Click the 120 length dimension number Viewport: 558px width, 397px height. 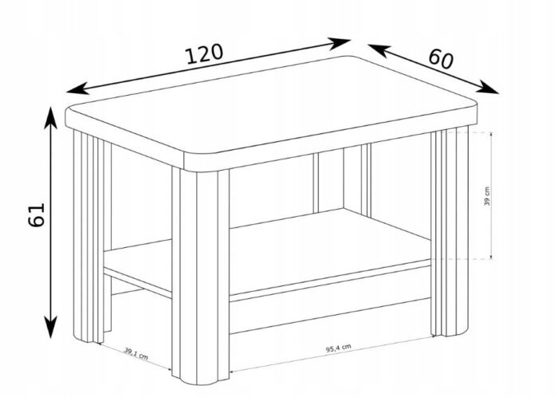tap(204, 54)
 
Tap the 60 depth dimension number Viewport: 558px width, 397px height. tap(441, 59)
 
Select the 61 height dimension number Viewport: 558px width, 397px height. tap(37, 214)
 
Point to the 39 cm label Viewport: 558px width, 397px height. tap(487, 196)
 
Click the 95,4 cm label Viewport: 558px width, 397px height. tap(339, 348)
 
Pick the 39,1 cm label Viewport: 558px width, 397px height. tap(136, 354)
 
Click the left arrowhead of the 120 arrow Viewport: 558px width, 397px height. tap(77, 88)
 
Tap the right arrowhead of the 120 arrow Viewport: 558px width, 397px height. tap(339, 43)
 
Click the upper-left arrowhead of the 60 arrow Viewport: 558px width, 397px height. tap(379, 50)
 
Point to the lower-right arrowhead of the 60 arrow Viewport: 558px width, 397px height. tap(487, 87)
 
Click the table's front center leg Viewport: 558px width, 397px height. tap(200, 276)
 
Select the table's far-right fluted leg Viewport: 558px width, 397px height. tap(449, 232)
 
